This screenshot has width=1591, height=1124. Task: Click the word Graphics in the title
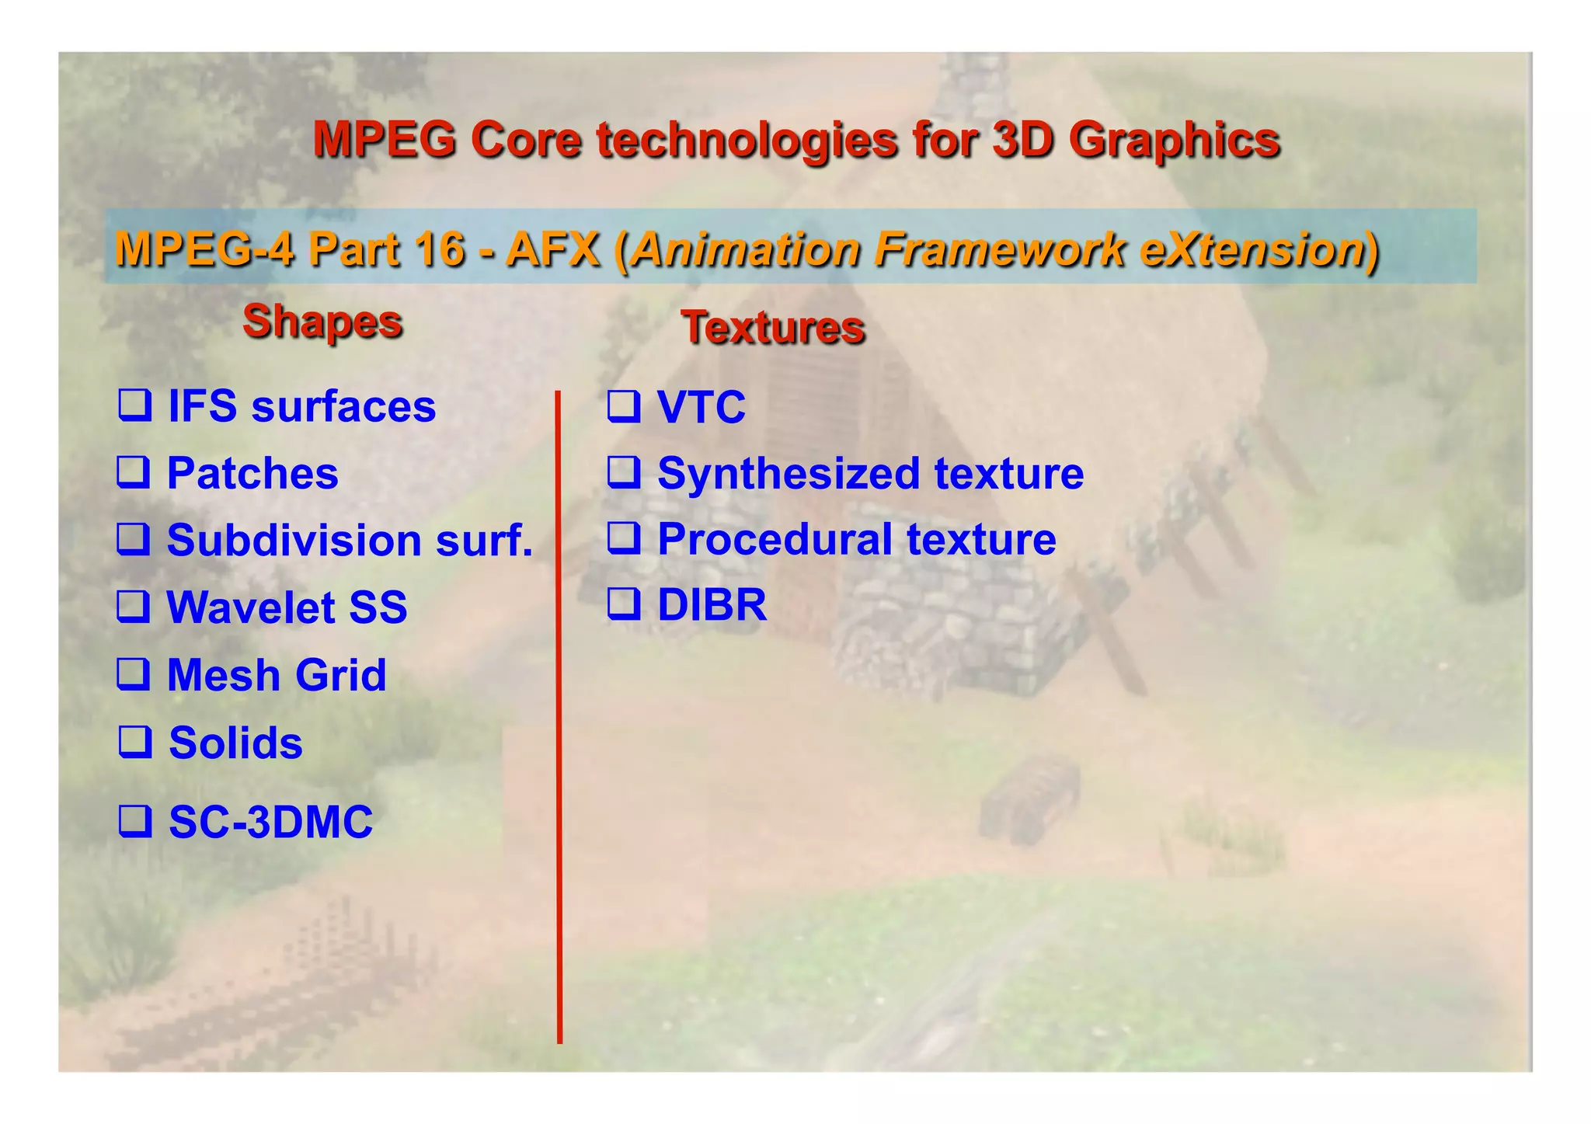pyautogui.click(x=1173, y=141)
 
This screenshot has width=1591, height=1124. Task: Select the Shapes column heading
pyautogui.click(x=322, y=322)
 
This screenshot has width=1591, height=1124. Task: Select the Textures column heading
pyautogui.click(x=773, y=328)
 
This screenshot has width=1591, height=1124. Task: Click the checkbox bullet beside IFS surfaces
pyautogui.click(x=134, y=405)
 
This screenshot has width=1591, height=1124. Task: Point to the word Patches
pyautogui.click(x=252, y=473)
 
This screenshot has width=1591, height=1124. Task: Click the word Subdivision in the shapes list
pyautogui.click(x=294, y=540)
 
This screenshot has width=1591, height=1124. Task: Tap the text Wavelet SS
pyautogui.click(x=287, y=607)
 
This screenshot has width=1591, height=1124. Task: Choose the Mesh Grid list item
pyautogui.click(x=277, y=675)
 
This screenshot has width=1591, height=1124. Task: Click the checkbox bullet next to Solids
pyautogui.click(x=134, y=742)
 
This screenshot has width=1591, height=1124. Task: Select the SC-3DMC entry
pyautogui.click(x=270, y=822)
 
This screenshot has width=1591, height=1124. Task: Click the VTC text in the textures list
pyautogui.click(x=701, y=407)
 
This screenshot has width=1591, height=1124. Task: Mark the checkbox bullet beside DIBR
pyautogui.click(x=624, y=604)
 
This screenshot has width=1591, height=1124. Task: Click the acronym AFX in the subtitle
pyautogui.click(x=552, y=250)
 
